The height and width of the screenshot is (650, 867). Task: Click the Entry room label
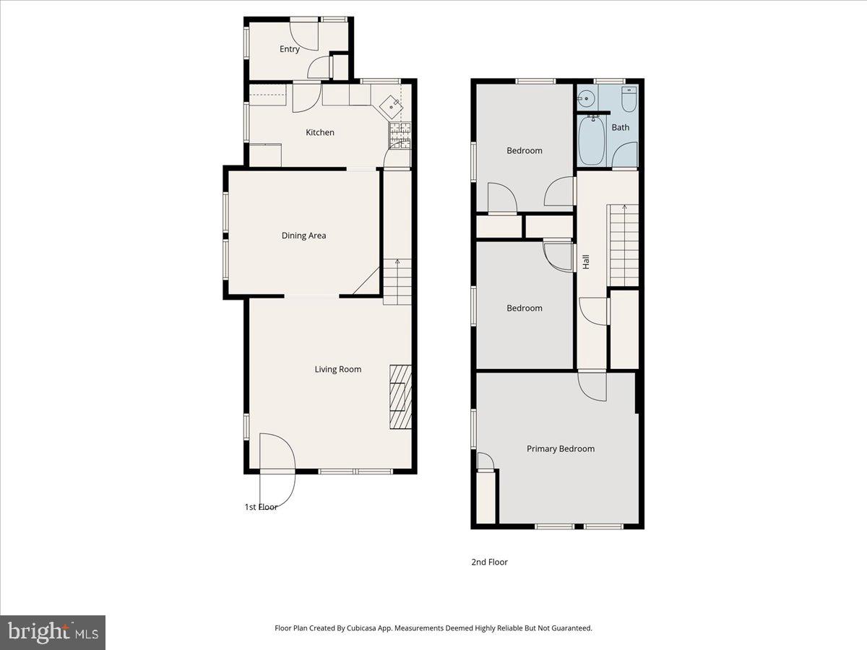[x=290, y=49]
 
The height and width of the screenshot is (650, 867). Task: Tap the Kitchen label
[x=320, y=132]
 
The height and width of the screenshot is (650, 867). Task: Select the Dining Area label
[x=303, y=235]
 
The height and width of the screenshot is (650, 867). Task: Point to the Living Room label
[x=337, y=369]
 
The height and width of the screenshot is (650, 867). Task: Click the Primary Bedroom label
[x=560, y=448]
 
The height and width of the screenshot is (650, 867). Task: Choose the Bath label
[x=621, y=127]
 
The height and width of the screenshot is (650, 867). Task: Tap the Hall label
[x=586, y=261]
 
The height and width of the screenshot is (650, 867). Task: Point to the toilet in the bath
[x=629, y=100]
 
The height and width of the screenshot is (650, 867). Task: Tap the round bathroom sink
[x=586, y=97]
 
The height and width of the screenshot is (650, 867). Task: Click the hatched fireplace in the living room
[x=400, y=396]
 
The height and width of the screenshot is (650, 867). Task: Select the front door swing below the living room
[x=277, y=469]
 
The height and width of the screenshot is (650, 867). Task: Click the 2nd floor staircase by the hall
[x=624, y=245]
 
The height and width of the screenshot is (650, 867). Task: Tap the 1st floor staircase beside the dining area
[x=397, y=282]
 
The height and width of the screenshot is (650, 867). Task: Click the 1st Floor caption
[x=261, y=507]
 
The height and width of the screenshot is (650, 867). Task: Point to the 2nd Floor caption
[x=489, y=562]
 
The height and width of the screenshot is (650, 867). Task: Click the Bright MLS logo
[x=53, y=633]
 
